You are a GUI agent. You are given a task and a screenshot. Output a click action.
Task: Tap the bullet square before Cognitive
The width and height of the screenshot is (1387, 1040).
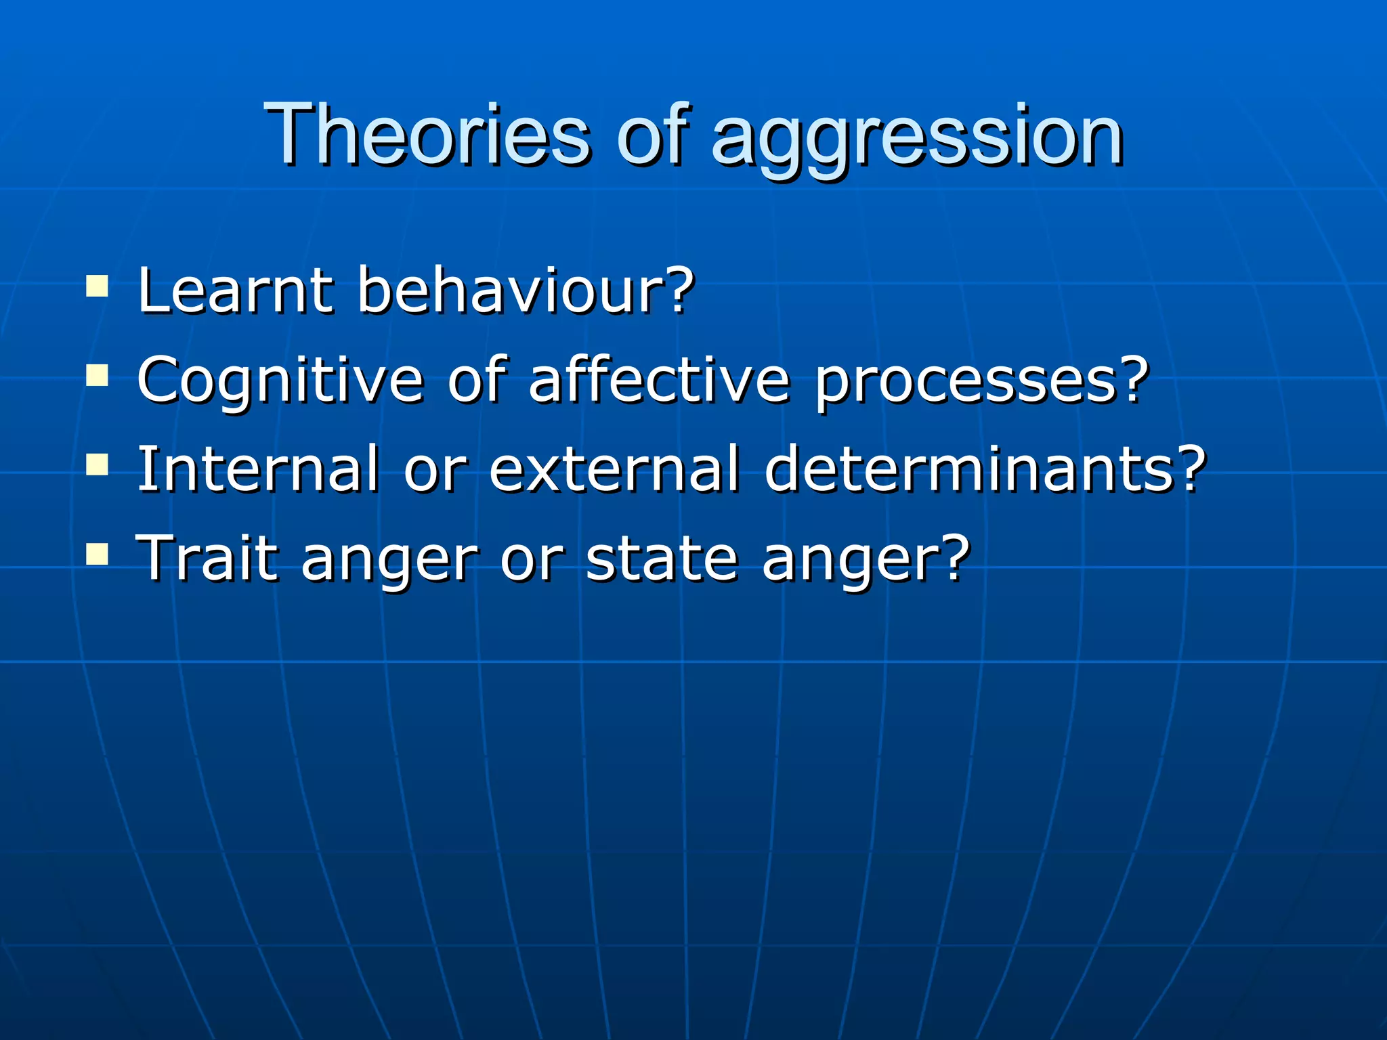click(x=98, y=375)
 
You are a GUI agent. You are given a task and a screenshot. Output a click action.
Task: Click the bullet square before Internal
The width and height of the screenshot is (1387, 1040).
click(x=98, y=464)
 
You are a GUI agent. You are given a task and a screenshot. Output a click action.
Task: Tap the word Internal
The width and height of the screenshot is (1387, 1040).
click(x=258, y=469)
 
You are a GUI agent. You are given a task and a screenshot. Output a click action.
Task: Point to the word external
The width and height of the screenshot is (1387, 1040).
click(x=614, y=469)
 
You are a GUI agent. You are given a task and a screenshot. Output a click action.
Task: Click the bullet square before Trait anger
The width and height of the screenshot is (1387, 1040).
click(x=98, y=554)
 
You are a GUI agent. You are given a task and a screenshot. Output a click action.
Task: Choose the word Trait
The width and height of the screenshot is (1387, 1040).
click(x=207, y=558)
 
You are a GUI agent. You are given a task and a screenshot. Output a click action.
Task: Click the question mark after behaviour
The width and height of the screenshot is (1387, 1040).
click(x=678, y=290)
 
